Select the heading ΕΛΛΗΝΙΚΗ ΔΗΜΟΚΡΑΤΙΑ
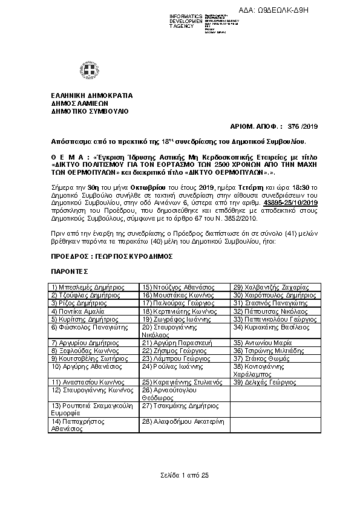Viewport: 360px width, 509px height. pos(91,96)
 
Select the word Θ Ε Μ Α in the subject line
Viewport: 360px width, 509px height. pos(66,155)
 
